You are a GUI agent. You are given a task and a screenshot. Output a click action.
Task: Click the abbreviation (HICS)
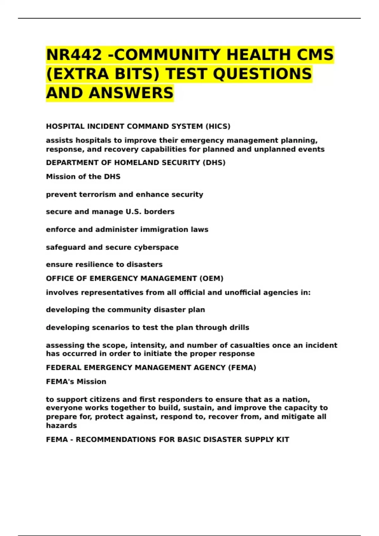pyautogui.click(x=218, y=126)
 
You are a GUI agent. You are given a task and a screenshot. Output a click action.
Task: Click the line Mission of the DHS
pyautogui.click(x=83, y=177)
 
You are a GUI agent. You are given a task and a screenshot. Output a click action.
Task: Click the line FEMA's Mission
pyautogui.click(x=76, y=382)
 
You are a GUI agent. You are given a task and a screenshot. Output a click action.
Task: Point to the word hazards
pyautogui.click(x=61, y=426)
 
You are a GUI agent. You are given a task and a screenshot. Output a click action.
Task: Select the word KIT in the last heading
pyautogui.click(x=283, y=440)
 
